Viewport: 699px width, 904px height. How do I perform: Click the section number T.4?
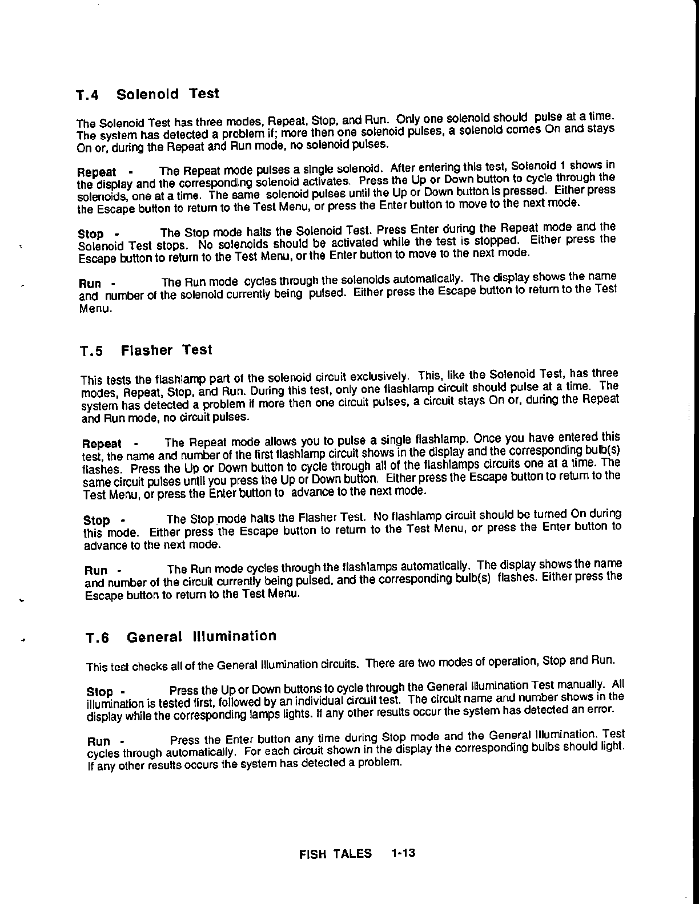(87, 95)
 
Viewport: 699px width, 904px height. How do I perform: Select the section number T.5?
(91, 352)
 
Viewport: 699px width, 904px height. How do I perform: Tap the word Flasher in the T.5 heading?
(147, 350)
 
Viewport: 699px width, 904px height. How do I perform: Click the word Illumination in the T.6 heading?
(234, 636)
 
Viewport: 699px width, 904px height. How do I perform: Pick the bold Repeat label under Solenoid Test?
(97, 172)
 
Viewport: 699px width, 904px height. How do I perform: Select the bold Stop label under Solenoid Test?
(91, 234)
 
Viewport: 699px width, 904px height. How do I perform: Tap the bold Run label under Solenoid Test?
(90, 284)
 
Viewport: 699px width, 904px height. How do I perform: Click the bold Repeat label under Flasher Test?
(102, 444)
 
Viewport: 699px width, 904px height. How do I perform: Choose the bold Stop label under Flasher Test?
(97, 520)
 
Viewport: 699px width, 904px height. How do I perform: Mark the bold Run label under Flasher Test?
(96, 571)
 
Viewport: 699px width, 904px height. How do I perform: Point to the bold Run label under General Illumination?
(98, 742)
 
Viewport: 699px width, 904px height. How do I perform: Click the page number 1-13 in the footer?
(403, 854)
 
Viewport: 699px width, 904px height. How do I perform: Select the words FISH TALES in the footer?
(335, 854)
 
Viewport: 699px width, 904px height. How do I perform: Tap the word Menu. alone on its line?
(95, 310)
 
